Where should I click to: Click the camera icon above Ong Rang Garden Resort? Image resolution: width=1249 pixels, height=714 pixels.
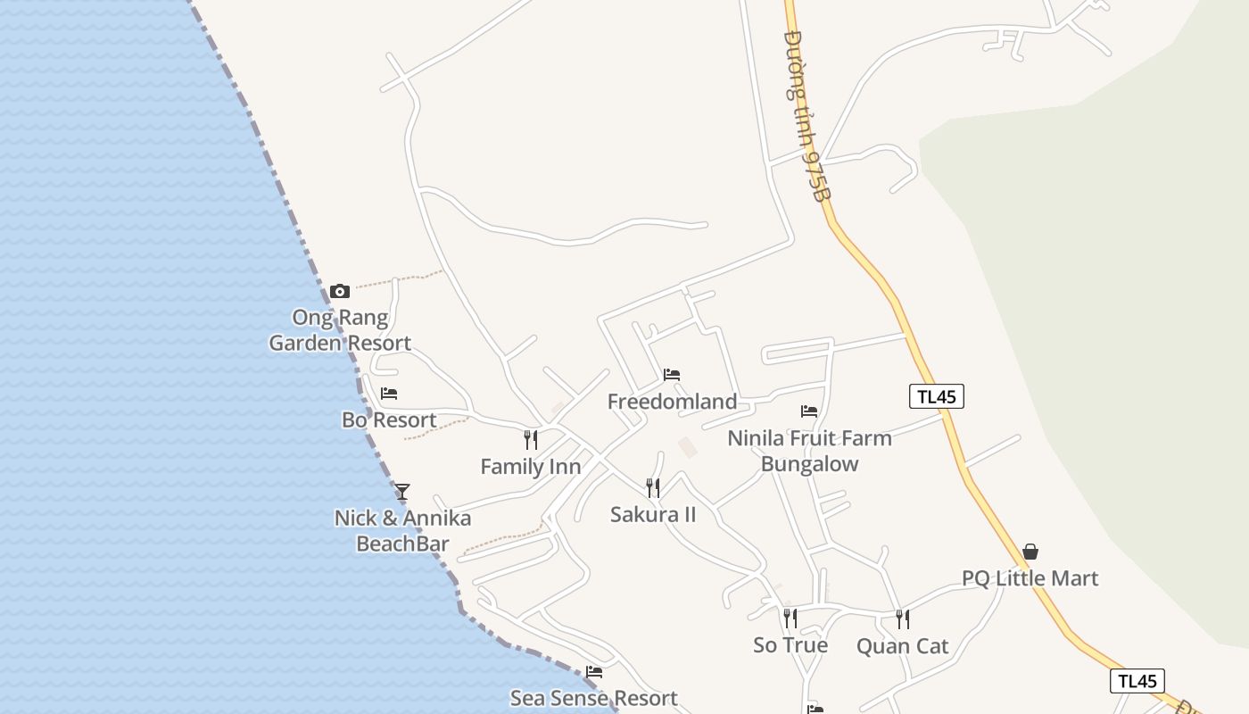(x=339, y=291)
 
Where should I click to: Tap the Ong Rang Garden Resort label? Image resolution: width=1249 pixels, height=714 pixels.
(x=340, y=330)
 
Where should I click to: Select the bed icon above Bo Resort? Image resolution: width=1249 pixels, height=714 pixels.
(x=389, y=394)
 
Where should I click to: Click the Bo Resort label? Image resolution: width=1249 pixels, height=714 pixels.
(x=389, y=420)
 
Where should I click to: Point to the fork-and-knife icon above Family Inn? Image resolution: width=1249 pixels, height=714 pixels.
(x=530, y=440)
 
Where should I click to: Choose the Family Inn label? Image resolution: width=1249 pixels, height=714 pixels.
(x=530, y=467)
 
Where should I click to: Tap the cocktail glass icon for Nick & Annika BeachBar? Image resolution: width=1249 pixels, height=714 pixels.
(x=402, y=492)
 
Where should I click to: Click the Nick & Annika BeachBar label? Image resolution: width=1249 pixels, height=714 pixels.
(x=402, y=531)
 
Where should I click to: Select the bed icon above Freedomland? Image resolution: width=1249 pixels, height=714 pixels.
(x=672, y=375)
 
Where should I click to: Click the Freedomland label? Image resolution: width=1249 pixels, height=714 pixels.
(x=672, y=402)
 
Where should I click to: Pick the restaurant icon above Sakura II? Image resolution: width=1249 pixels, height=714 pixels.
(x=653, y=487)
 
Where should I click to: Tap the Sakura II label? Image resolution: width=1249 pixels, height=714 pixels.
(x=653, y=515)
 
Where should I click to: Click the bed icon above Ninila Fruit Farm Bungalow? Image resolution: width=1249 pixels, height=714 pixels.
(x=809, y=411)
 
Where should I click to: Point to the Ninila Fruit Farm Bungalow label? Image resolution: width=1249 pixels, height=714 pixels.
(x=809, y=451)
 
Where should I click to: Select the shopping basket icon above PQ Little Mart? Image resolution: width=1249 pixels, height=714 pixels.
(x=1030, y=552)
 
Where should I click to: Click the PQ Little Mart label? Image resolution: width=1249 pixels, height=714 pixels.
(x=1030, y=578)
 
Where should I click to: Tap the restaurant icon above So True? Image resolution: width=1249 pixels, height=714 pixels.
(x=790, y=618)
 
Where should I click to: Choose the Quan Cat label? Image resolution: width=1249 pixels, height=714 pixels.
(x=902, y=646)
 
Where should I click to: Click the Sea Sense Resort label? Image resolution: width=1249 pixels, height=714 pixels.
(x=593, y=698)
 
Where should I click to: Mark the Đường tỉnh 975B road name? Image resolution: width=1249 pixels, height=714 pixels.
(x=806, y=116)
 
